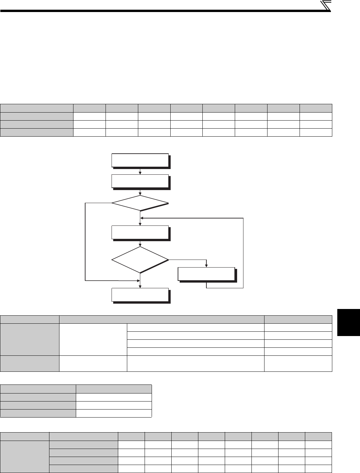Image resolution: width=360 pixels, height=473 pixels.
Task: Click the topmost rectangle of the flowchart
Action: pyautogui.click(x=140, y=160)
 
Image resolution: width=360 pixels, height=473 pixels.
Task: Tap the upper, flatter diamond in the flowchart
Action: pyautogui.click(x=140, y=202)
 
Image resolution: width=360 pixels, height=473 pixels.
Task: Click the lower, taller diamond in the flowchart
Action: pyautogui.click(x=140, y=260)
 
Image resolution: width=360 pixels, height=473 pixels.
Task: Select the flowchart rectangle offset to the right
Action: pyautogui.click(x=206, y=274)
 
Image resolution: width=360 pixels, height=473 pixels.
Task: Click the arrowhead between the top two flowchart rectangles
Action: pyautogui.click(x=140, y=173)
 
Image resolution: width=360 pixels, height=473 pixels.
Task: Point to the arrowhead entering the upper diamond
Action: pyautogui.click(x=140, y=194)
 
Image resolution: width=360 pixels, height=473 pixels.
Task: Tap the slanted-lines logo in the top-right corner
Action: pyautogui.click(x=326, y=5)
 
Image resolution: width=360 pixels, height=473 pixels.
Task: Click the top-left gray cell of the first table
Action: pyautogui.click(x=37, y=108)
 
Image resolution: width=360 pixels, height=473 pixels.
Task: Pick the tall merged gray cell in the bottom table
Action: pyautogui.click(x=25, y=457)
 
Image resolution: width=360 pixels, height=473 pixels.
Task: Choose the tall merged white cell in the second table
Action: pyautogui.click(x=93, y=339)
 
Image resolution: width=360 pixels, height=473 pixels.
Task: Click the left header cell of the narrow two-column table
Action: pyautogui.click(x=38, y=388)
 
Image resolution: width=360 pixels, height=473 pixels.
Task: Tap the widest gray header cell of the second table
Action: pyautogui.click(x=162, y=319)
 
